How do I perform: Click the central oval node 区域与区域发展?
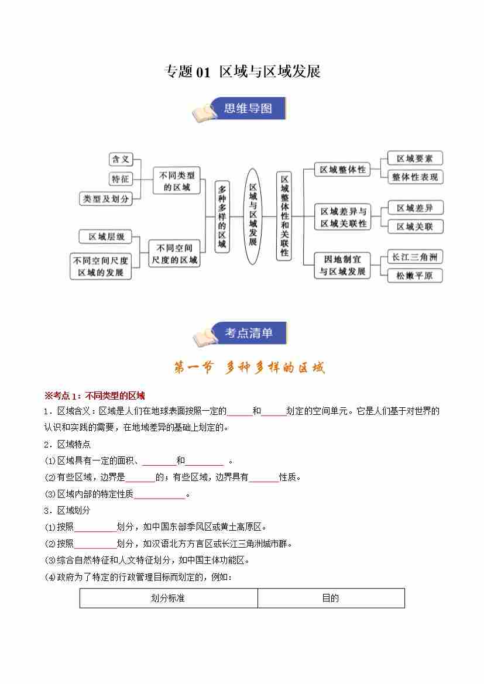(253, 216)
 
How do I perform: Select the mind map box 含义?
(121, 159)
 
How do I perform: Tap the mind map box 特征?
(121, 179)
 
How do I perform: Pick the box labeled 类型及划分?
(105, 199)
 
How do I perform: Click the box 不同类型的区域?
(177, 180)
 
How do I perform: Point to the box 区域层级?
(107, 236)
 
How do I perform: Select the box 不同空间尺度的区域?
(173, 254)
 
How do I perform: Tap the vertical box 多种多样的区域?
(221, 216)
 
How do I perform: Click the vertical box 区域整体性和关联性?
(284, 216)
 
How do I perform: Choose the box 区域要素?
(414, 158)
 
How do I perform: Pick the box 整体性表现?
(414, 177)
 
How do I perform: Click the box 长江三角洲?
(414, 256)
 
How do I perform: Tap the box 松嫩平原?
(414, 275)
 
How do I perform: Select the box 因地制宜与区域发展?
(342, 265)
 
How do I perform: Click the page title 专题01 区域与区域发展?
(242, 72)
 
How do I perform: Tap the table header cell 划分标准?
(168, 598)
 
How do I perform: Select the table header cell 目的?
(331, 598)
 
